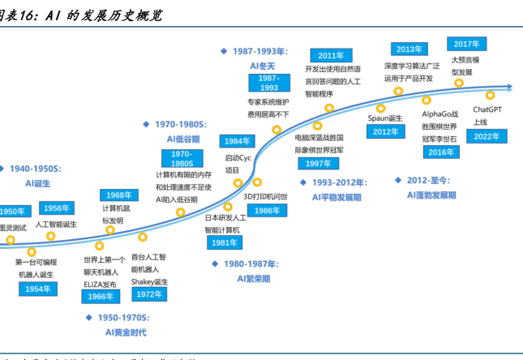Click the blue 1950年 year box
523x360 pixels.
pos(11,212)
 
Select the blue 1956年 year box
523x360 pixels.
pos(57,208)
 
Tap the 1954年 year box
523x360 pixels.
pos(38,289)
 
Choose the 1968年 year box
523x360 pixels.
pos(118,195)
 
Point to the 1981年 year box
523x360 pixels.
pos(223,242)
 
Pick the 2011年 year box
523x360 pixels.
pos(331,55)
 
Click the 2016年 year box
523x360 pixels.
pos(441,152)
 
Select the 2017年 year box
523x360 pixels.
pos(466,44)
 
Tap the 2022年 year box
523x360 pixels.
pos(487,136)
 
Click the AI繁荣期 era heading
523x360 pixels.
pos(253,278)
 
